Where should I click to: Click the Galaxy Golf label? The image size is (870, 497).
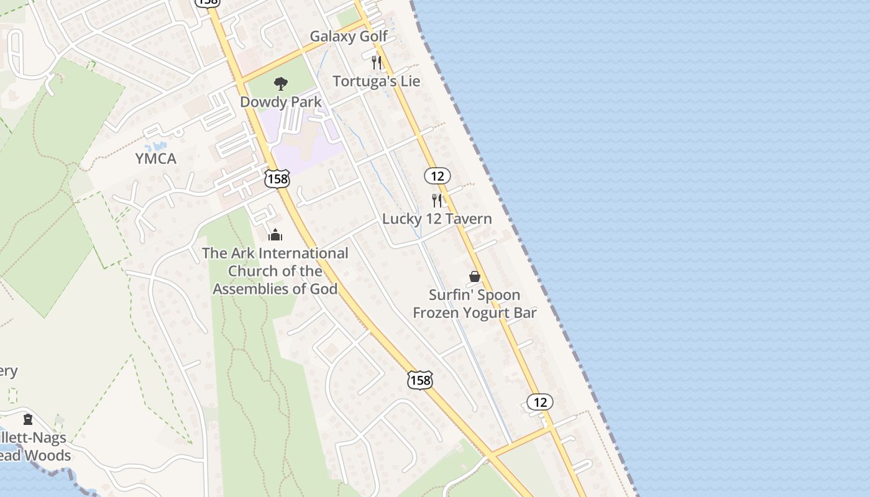coord(349,37)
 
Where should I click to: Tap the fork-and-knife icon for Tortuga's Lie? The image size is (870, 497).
coord(376,62)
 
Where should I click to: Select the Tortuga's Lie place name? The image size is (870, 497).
coord(377,81)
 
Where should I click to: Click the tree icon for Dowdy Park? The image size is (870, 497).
coord(281,83)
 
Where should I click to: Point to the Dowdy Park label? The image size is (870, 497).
coord(281,102)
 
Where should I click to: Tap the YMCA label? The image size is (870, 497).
coord(156,159)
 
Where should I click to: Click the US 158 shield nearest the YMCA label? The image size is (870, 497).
coord(277,179)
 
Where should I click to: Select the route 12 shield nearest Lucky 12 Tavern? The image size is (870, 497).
coord(437,176)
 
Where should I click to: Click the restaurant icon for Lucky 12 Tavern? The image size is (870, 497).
coord(437,200)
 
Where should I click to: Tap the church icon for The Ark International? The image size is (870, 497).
coord(275,235)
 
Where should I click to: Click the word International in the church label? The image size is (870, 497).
coord(303,253)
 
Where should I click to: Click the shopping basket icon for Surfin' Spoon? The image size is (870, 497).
coord(475,276)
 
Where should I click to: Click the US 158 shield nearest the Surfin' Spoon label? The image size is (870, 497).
coord(420,380)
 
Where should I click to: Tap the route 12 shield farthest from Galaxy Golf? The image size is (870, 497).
coord(540,402)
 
